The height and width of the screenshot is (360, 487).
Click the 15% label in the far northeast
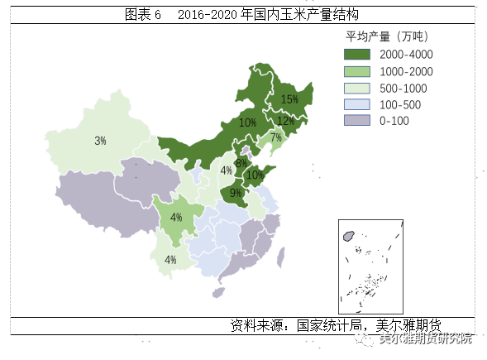289,99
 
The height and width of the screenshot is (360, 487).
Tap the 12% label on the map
285,121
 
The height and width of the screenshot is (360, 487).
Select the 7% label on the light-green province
276,137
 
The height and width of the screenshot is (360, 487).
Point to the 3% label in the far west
100,141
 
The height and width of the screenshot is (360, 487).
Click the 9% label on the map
236,194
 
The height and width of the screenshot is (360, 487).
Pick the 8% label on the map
240,163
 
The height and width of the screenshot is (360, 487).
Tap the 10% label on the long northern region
246,122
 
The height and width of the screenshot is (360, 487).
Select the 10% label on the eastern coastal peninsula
255,175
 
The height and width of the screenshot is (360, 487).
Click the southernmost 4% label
170,260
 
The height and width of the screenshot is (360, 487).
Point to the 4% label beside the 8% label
226,171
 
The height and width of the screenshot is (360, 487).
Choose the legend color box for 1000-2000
357,71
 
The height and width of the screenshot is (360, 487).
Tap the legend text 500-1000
404,89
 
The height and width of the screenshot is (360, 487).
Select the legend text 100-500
401,105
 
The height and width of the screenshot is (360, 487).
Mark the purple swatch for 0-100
357,122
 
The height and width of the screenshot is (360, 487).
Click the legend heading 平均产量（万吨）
386,36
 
